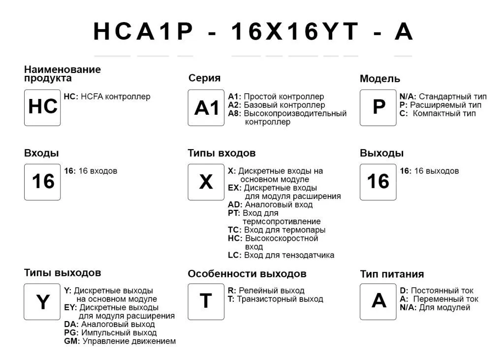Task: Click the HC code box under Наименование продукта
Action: (42, 107)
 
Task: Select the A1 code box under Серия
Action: (206, 107)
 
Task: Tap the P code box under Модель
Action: (378, 107)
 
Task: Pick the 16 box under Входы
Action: (42, 182)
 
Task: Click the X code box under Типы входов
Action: (206, 182)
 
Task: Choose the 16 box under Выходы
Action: (378, 182)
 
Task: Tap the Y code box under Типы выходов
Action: (42, 301)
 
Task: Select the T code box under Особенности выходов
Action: (206, 301)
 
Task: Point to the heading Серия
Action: (204, 78)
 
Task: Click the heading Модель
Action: (379, 79)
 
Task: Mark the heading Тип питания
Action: (391, 274)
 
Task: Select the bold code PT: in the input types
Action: (234, 213)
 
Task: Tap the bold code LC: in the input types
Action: (234, 255)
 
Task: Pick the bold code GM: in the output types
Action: (72, 341)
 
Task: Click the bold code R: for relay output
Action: (231, 291)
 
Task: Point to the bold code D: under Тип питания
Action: (404, 291)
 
